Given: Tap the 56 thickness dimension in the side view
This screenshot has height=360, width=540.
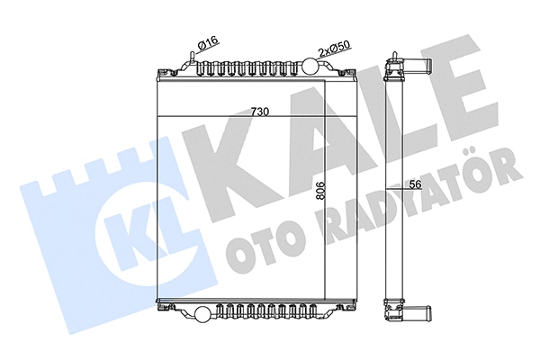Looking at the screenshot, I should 414,184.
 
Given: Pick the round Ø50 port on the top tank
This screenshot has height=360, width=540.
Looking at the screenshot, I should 310,66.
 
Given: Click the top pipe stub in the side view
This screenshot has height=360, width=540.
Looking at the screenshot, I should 417,66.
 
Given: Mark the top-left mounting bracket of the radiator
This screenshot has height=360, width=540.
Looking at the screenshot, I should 163,71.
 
